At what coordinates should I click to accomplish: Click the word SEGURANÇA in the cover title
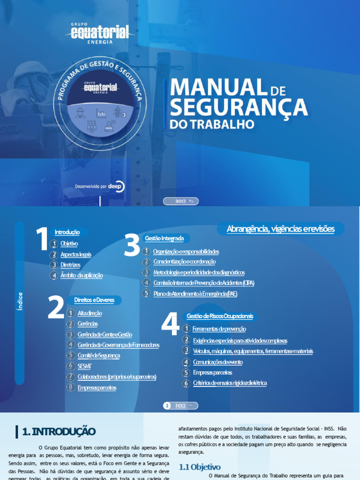point(239,107)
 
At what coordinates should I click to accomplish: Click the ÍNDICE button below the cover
point(181,201)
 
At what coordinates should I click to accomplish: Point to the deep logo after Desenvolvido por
point(116,186)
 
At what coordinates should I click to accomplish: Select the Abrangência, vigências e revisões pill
point(281,229)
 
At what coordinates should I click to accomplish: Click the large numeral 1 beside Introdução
point(42,239)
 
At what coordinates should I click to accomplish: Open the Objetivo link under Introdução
point(69,244)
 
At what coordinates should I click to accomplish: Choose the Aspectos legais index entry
point(75,255)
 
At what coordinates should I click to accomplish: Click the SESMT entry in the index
point(84,366)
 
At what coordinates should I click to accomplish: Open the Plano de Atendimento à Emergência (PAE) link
point(195,293)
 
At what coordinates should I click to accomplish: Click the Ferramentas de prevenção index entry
point(219,329)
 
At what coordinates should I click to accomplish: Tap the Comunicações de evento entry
point(218,362)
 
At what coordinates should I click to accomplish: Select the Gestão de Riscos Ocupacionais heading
point(219,316)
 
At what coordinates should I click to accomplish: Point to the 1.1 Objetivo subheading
point(200,467)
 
